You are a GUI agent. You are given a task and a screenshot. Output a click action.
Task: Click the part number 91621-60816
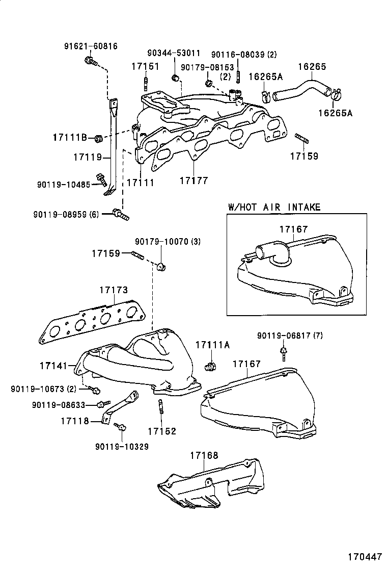pos(91,46)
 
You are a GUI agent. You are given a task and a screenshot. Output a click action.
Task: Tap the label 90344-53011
pos(174,53)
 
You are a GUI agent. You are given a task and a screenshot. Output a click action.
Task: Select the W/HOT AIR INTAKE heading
pos(274,207)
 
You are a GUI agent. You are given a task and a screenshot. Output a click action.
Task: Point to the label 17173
pos(113,290)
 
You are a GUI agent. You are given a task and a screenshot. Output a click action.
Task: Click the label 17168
pos(204,455)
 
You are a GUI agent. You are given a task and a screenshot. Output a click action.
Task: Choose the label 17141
pos(52,366)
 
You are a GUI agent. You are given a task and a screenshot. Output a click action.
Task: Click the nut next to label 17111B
pos(100,138)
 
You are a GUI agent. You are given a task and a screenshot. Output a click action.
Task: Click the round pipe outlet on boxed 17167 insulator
pos(265,251)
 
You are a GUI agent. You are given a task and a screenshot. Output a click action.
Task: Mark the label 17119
pos(88,157)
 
